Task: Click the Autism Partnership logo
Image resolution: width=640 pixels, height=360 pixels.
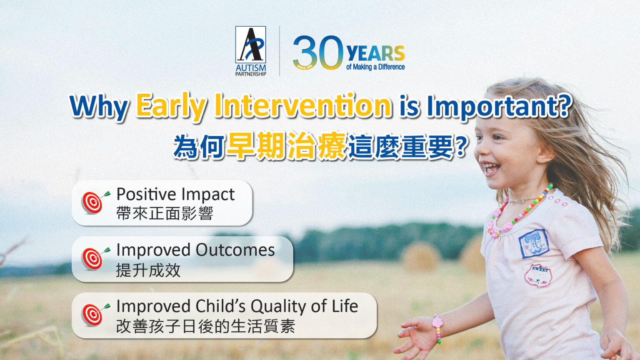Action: tap(250, 50)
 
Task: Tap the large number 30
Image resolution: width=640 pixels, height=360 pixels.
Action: tap(317, 52)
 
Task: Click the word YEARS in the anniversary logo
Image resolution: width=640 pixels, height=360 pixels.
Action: tap(375, 54)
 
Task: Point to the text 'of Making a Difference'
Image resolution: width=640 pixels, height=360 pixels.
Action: tap(375, 67)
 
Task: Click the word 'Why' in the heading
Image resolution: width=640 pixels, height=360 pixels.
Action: tap(99, 107)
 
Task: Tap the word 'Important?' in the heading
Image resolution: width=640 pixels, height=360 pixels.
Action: tap(498, 107)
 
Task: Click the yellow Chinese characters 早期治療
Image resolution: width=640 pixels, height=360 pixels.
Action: tap(286, 146)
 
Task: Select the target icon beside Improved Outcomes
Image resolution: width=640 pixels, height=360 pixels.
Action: tap(94, 258)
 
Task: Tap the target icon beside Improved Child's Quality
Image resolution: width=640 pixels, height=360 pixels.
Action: tap(94, 315)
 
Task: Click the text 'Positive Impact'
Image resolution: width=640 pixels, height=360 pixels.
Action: tap(175, 194)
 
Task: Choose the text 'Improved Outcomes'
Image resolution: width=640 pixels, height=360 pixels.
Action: tap(195, 250)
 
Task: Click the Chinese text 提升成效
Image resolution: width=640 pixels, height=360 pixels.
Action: tap(148, 270)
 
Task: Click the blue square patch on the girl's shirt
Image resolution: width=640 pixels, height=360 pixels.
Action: tap(533, 243)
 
